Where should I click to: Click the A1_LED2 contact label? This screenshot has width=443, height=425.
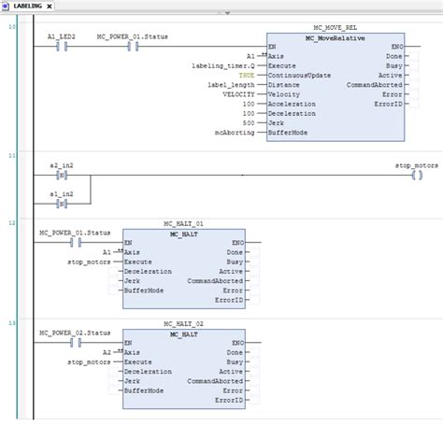pyautogui.click(x=61, y=35)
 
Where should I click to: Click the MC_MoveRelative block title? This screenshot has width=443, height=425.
pyautogui.click(x=335, y=36)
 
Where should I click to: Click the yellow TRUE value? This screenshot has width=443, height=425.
pyautogui.click(x=246, y=75)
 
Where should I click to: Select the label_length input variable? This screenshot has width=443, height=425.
pyautogui.click(x=231, y=84)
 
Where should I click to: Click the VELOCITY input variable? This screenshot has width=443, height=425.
pyautogui.click(x=238, y=93)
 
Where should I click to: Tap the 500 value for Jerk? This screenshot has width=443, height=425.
pyautogui.click(x=248, y=122)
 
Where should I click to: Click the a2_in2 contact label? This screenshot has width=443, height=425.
pyautogui.click(x=63, y=164)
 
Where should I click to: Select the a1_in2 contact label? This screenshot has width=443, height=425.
pyautogui.click(x=63, y=192)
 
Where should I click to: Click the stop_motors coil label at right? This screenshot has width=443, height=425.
pyautogui.click(x=416, y=164)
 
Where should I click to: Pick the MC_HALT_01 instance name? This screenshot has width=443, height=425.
pyautogui.click(x=183, y=224)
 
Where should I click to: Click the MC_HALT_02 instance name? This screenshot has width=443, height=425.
pyautogui.click(x=183, y=322)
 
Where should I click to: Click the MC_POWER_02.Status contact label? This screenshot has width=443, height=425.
pyautogui.click(x=75, y=333)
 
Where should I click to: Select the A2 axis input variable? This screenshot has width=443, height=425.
pyautogui.click(x=107, y=352)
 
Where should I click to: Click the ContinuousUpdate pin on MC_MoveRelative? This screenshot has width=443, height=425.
pyautogui.click(x=298, y=75)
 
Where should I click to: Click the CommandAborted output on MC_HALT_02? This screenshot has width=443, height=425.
pyautogui.click(x=216, y=380)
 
